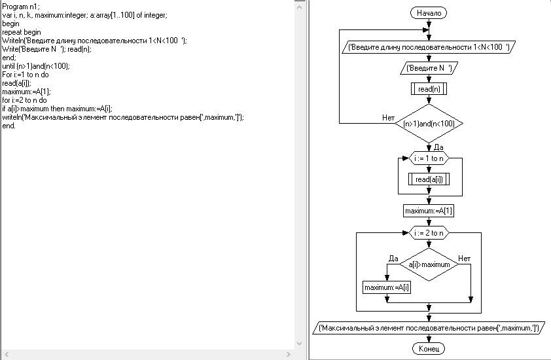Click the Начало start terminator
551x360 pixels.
pos(429,13)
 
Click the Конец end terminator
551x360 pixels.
pos(429,349)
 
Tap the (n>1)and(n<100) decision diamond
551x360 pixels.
pos(429,123)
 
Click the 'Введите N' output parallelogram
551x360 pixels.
pos(429,67)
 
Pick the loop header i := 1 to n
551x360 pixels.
pos(429,158)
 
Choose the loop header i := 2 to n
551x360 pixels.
pos(429,232)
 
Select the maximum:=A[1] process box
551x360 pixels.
pos(429,211)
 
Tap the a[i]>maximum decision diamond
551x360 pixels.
pos(429,264)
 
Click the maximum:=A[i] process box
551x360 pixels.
pos(387,287)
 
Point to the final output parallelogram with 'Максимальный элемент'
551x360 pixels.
pos(429,327)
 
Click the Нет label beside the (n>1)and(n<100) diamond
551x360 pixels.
pos(389,118)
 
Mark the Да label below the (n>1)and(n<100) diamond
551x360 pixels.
pos(438,147)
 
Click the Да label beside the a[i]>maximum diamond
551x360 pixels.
pos(393,259)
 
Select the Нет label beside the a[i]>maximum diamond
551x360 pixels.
pos(464,259)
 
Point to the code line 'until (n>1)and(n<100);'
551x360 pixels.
pos(36,65)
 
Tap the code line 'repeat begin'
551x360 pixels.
pos(22,31)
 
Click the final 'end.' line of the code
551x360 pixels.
pos(9,125)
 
